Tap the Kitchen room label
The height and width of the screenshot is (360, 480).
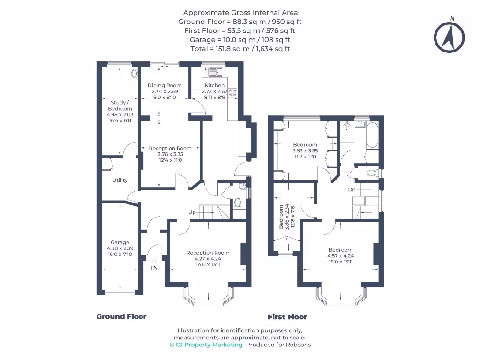click(214, 86)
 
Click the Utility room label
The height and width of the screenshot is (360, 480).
click(120, 180)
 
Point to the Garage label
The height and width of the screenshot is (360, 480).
click(120, 243)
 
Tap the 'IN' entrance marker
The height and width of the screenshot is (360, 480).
click(154, 268)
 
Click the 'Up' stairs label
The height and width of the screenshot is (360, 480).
click(192, 212)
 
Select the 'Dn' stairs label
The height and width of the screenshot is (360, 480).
click(352, 190)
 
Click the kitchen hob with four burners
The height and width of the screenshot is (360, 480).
click(233, 92)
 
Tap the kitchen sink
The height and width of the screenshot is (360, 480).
click(216, 72)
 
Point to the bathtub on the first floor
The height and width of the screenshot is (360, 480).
click(374, 135)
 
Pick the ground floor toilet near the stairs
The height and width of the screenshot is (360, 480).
click(237, 203)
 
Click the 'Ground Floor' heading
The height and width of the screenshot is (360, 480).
click(121, 316)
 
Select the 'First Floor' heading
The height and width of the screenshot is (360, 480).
click(287, 317)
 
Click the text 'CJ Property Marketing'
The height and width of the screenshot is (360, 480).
click(209, 345)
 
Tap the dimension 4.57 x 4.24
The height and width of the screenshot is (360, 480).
click(340, 256)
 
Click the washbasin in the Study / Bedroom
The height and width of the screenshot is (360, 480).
click(135, 73)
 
